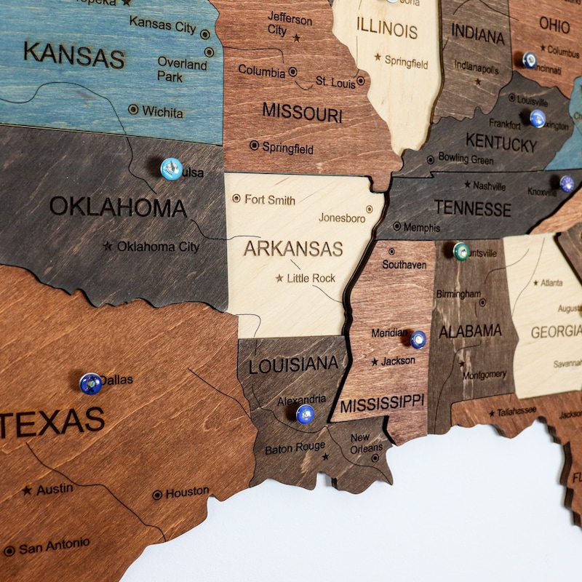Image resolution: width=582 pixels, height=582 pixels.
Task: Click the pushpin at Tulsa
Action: [x=171, y=168]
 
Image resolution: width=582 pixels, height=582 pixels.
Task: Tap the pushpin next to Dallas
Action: [x=91, y=383]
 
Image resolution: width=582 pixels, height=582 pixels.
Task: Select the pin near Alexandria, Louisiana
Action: [x=306, y=414]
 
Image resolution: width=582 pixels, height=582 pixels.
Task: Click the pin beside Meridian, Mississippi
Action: [x=418, y=339]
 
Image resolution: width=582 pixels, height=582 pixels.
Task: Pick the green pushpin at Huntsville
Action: [x=461, y=251]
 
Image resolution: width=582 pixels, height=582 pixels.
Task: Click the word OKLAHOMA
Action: [x=118, y=207]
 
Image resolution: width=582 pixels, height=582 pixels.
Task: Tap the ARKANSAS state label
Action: [x=292, y=248]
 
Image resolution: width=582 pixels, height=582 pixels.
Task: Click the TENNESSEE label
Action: [x=473, y=209]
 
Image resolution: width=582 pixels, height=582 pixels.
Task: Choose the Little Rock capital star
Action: [x=279, y=278]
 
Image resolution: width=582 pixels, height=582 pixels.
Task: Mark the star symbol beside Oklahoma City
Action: [x=108, y=247]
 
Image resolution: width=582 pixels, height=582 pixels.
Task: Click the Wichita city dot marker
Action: [x=133, y=109]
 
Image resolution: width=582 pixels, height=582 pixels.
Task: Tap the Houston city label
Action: [x=187, y=493]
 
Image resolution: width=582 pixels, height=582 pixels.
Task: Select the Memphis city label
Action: [x=421, y=228]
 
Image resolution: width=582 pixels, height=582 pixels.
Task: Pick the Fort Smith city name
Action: [x=270, y=199]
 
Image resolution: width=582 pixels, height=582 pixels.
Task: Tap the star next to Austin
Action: [x=27, y=490]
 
